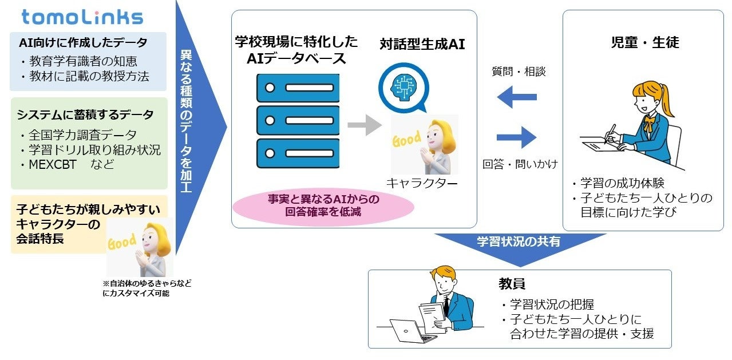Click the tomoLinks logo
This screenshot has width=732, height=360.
(82, 17)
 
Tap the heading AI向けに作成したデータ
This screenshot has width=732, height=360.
(82, 43)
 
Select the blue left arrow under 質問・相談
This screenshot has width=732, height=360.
(517, 97)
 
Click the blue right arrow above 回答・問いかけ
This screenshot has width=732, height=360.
(517, 137)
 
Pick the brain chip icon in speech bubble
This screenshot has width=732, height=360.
(403, 85)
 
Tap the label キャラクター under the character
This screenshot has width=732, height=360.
(422, 183)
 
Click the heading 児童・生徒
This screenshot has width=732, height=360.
(644, 42)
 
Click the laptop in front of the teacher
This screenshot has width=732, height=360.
(408, 330)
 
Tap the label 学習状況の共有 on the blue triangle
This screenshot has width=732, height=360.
(519, 242)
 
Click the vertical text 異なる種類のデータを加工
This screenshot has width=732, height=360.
(187, 120)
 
